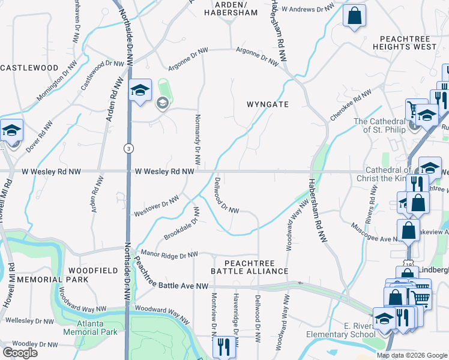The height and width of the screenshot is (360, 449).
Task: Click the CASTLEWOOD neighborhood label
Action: coord(29,68)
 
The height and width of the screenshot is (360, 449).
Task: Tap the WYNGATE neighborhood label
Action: coord(268,104)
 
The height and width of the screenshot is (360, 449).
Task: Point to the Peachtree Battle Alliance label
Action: coord(250,268)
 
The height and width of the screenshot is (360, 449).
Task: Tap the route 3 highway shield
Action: coord(127,148)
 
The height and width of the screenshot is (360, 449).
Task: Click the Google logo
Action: coord(20,353)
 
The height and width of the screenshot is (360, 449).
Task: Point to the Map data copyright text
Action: coord(412,355)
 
